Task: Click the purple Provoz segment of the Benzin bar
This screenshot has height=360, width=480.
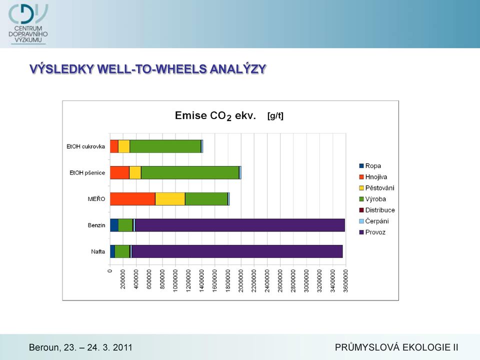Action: pyautogui.click(x=240, y=225)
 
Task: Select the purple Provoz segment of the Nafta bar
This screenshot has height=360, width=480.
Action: pyautogui.click(x=237, y=251)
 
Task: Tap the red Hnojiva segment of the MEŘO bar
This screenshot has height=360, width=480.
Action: pyautogui.click(x=132, y=199)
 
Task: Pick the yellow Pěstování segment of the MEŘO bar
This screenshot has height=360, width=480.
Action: pyautogui.click(x=170, y=199)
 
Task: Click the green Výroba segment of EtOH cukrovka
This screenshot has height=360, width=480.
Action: pyautogui.click(x=165, y=146)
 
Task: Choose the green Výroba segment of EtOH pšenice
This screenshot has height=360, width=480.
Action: pyautogui.click(x=190, y=172)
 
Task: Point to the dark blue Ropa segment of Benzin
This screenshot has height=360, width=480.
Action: pyautogui.click(x=114, y=225)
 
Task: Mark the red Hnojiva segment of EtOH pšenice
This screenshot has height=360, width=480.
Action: pyautogui.click(x=119, y=172)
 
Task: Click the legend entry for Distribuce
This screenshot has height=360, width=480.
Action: pyautogui.click(x=377, y=210)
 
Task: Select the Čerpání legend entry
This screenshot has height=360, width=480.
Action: pyautogui.click(x=374, y=221)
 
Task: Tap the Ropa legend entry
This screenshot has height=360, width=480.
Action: pyautogui.click(x=370, y=166)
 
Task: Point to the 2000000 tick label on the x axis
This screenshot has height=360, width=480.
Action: pyautogui.click(x=241, y=280)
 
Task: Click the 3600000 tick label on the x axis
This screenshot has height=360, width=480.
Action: pyautogui.click(x=345, y=280)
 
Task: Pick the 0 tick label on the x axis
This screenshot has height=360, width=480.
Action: pyautogui.click(x=110, y=271)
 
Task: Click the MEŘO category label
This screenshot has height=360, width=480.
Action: pyautogui.click(x=96, y=199)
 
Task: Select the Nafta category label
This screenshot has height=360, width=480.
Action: pyautogui.click(x=98, y=251)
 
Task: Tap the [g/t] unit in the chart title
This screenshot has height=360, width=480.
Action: pyautogui.click(x=275, y=116)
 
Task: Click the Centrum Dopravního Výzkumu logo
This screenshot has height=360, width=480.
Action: pyautogui.click(x=28, y=24)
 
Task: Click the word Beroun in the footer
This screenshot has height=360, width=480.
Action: pyautogui.click(x=44, y=347)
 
